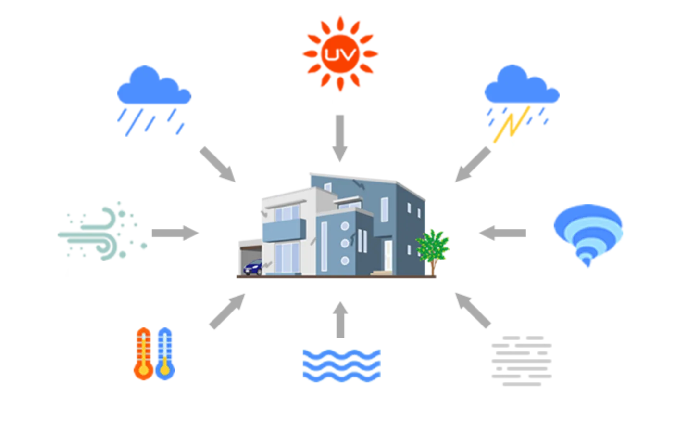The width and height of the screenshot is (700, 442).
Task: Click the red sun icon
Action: (x=340, y=53)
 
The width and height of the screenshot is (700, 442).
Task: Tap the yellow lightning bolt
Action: (x=511, y=123)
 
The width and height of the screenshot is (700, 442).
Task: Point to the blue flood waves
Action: (x=341, y=365)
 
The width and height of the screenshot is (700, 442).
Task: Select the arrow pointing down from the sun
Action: (x=340, y=138)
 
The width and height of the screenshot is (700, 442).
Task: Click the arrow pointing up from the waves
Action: (x=340, y=320)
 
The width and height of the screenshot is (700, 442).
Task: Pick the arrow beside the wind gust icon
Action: (x=175, y=233)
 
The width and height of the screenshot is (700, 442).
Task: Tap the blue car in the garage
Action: (x=253, y=267)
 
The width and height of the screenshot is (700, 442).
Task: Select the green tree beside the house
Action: (x=433, y=247)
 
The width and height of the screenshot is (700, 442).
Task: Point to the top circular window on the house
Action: (x=345, y=226)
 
